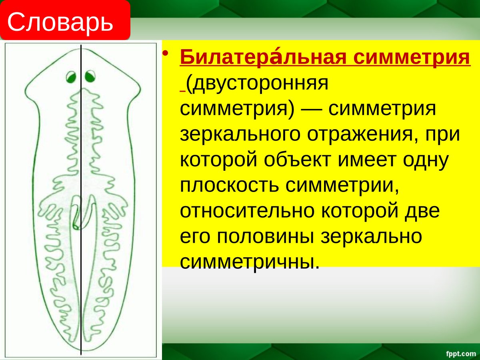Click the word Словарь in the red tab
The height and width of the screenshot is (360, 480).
pyautogui.click(x=60, y=22)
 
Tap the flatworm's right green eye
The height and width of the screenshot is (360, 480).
pyautogui.click(x=90, y=76)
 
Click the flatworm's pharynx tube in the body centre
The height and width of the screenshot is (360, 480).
pyautogui.click(x=80, y=212)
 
